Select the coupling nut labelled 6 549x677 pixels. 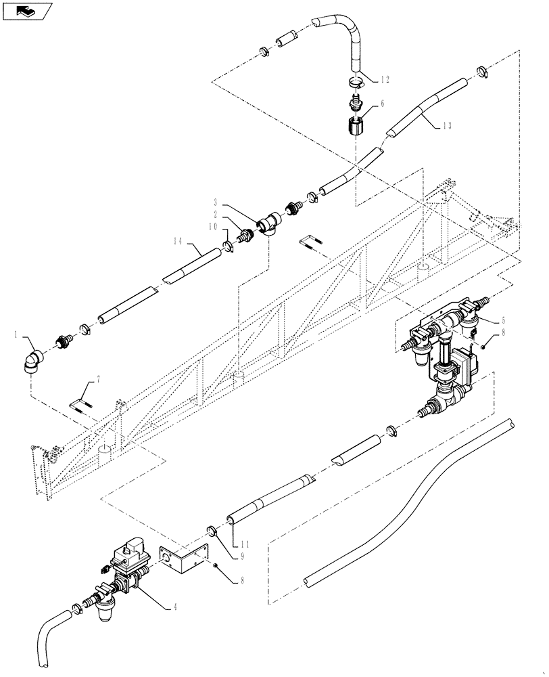(x=356, y=127)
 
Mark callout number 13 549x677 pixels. (x=447, y=125)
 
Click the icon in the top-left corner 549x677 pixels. (x=27, y=11)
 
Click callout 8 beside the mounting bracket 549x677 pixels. (x=234, y=580)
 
